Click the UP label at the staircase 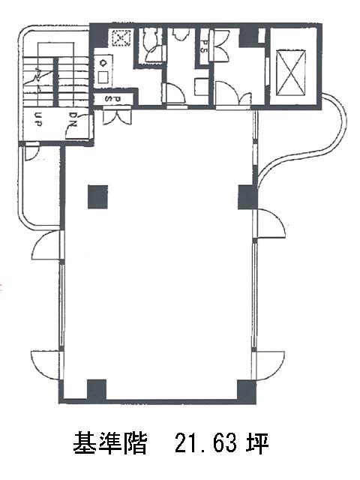[38, 119]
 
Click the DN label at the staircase [73, 119]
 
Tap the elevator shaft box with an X [291, 73]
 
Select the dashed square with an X [121, 38]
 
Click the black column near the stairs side [97, 196]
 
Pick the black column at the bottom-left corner [97, 389]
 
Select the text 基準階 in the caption [110, 443]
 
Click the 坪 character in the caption [258, 443]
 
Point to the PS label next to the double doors [204, 46]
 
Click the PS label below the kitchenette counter [113, 99]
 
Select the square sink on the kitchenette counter [104, 77]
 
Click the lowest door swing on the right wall [269, 365]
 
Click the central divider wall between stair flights [55, 82]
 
